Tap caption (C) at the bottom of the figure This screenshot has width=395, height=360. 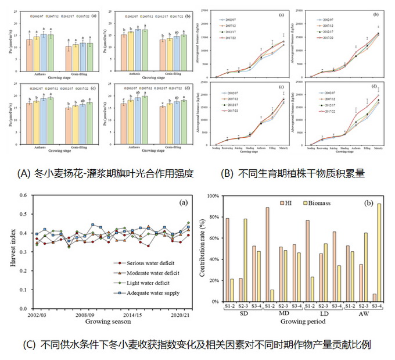[x=198, y=344]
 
